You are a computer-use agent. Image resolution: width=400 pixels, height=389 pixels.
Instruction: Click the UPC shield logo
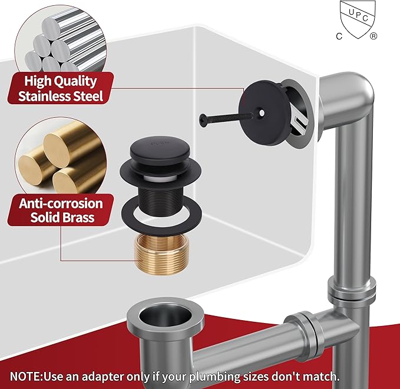[x=358, y=19]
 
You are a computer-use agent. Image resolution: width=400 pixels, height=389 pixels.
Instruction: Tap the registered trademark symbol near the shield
[x=373, y=36]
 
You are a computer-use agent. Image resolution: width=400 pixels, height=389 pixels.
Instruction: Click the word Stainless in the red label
[x=44, y=96]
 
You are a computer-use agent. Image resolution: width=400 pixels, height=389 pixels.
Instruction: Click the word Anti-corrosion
[x=61, y=204]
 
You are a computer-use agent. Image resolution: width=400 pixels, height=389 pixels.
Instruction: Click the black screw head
[x=203, y=120]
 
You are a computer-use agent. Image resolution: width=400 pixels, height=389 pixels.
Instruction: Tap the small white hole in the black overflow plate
[x=262, y=112]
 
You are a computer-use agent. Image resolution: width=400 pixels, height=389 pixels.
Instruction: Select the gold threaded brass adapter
[x=161, y=254]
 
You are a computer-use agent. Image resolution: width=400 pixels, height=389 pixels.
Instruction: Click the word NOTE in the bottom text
[x=25, y=376]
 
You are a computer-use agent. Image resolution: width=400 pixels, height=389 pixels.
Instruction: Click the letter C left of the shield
[x=339, y=36]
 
